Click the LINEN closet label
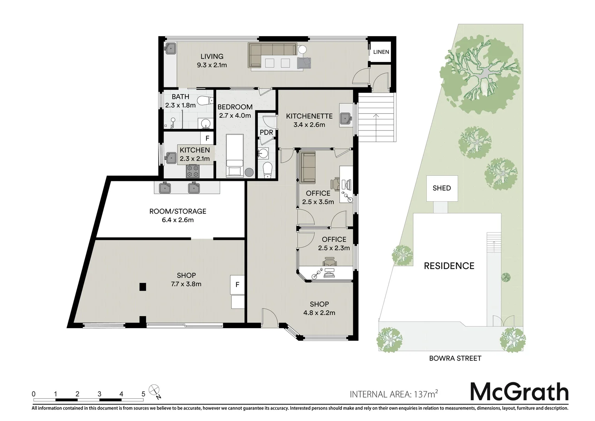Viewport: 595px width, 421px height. (x=381, y=52)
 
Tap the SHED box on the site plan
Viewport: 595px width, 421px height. (x=442, y=188)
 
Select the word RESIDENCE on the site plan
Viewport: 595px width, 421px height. (x=449, y=266)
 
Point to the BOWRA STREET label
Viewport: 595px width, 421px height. (x=455, y=358)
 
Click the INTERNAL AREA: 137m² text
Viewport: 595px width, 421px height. (x=394, y=394)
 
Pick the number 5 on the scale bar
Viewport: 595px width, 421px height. (x=143, y=394)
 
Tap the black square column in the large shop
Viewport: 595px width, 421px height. (x=143, y=287)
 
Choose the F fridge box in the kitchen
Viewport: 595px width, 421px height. (x=207, y=138)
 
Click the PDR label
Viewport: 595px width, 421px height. (x=266, y=133)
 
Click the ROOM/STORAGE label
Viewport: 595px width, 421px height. (x=178, y=211)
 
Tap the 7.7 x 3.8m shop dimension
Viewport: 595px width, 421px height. (x=186, y=284)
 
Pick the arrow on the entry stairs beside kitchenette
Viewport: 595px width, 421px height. (x=376, y=116)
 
